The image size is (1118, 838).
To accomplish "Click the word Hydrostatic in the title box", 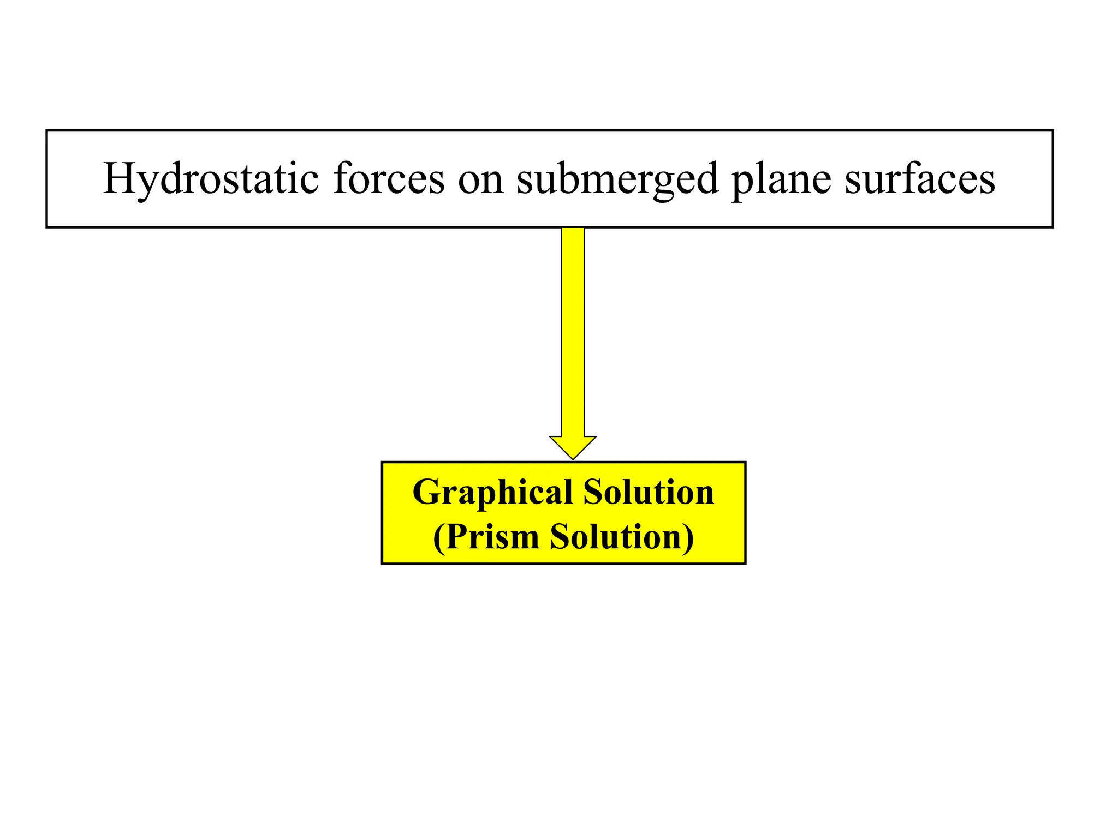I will coord(211,179).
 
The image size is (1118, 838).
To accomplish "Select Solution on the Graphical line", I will coord(649,492).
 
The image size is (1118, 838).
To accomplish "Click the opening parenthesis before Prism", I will coord(438,538).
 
